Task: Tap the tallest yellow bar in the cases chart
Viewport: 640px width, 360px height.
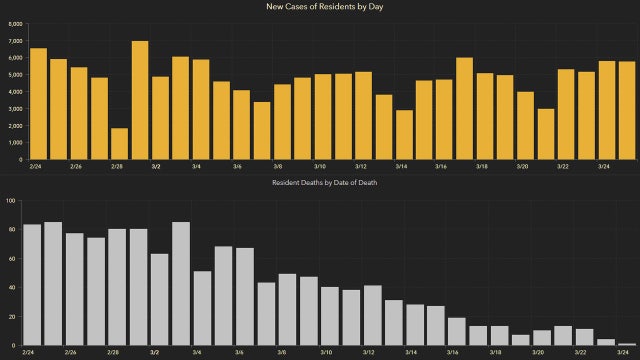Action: [x=140, y=100]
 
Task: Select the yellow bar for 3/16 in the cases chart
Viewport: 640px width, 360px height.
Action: [x=443, y=119]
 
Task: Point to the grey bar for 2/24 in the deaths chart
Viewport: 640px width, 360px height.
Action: [x=32, y=284]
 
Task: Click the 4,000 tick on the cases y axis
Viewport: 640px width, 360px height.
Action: [x=15, y=91]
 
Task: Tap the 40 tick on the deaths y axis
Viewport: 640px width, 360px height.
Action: [x=11, y=287]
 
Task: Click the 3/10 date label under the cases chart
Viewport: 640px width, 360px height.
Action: [x=320, y=166]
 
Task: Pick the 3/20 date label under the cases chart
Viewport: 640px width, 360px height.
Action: [x=523, y=166]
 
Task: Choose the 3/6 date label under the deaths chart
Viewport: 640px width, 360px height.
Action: [x=239, y=353]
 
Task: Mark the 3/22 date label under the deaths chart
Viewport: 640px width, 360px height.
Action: [x=580, y=353]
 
